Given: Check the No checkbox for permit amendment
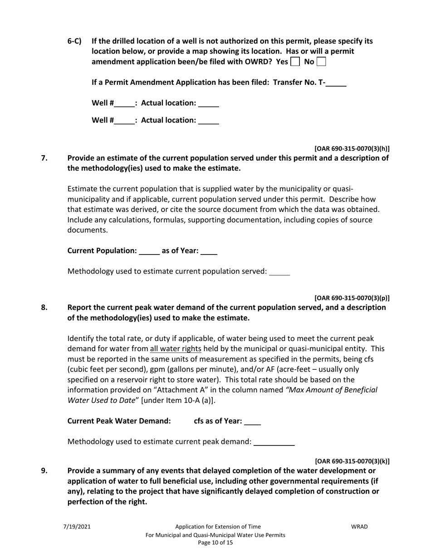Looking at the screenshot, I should (x=321, y=62).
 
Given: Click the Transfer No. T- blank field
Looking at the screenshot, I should (x=336, y=83).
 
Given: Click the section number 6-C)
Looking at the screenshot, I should (x=74, y=41).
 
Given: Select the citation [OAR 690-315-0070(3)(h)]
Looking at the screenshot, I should (x=352, y=149).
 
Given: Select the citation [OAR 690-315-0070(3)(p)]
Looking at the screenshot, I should (x=352, y=298).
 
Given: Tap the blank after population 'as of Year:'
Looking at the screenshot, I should (x=209, y=251).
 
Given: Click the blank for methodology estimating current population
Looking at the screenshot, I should (x=279, y=272).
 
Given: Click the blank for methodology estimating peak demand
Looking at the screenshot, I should (x=274, y=442).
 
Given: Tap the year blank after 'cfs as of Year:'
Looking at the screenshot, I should (x=252, y=421).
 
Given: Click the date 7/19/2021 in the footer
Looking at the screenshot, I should (x=77, y=527).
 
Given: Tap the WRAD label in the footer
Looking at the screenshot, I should (x=359, y=527).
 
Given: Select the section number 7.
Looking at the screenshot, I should (x=44, y=158).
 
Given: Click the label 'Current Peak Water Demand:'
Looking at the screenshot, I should (x=119, y=421).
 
